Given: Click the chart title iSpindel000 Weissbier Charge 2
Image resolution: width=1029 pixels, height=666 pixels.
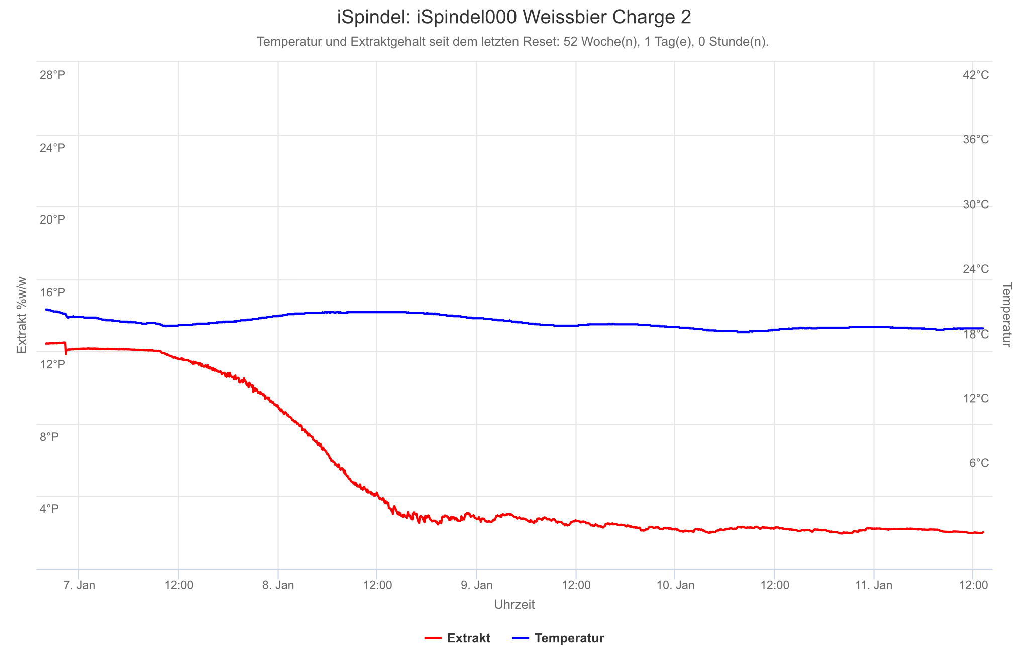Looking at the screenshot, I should click(514, 18).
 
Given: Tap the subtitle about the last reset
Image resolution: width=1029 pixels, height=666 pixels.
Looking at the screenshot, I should click(512, 42).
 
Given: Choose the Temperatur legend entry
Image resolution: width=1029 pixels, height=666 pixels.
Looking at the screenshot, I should click(558, 638).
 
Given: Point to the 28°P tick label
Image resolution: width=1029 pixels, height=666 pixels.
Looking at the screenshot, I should click(52, 75).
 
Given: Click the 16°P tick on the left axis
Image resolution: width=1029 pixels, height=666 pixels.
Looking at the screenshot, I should click(52, 292).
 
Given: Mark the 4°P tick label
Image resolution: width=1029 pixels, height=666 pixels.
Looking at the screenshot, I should click(49, 509).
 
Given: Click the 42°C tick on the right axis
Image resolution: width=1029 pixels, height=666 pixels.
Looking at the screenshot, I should click(975, 75).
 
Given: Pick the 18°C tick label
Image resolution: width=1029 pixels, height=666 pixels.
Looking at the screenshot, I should click(975, 334).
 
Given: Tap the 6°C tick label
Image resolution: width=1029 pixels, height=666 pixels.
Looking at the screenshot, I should click(978, 463).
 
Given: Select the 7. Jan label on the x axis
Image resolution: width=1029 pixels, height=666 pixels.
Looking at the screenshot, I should click(79, 585).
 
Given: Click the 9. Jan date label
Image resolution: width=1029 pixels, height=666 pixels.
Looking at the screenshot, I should click(477, 585).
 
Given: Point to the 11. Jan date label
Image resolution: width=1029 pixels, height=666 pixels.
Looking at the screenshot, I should click(874, 585).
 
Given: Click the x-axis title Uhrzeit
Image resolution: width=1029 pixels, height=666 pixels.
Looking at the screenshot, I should click(514, 604).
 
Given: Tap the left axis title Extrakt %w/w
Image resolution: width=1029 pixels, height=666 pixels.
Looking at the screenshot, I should click(21, 315).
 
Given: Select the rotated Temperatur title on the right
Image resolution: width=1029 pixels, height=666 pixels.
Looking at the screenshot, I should click(1006, 314).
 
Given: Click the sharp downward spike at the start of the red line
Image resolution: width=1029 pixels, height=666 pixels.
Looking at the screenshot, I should click(66, 352).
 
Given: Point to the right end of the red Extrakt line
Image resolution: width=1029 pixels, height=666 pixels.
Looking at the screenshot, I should click(983, 532).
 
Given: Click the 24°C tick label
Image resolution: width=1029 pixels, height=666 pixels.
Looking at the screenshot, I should click(975, 269).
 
